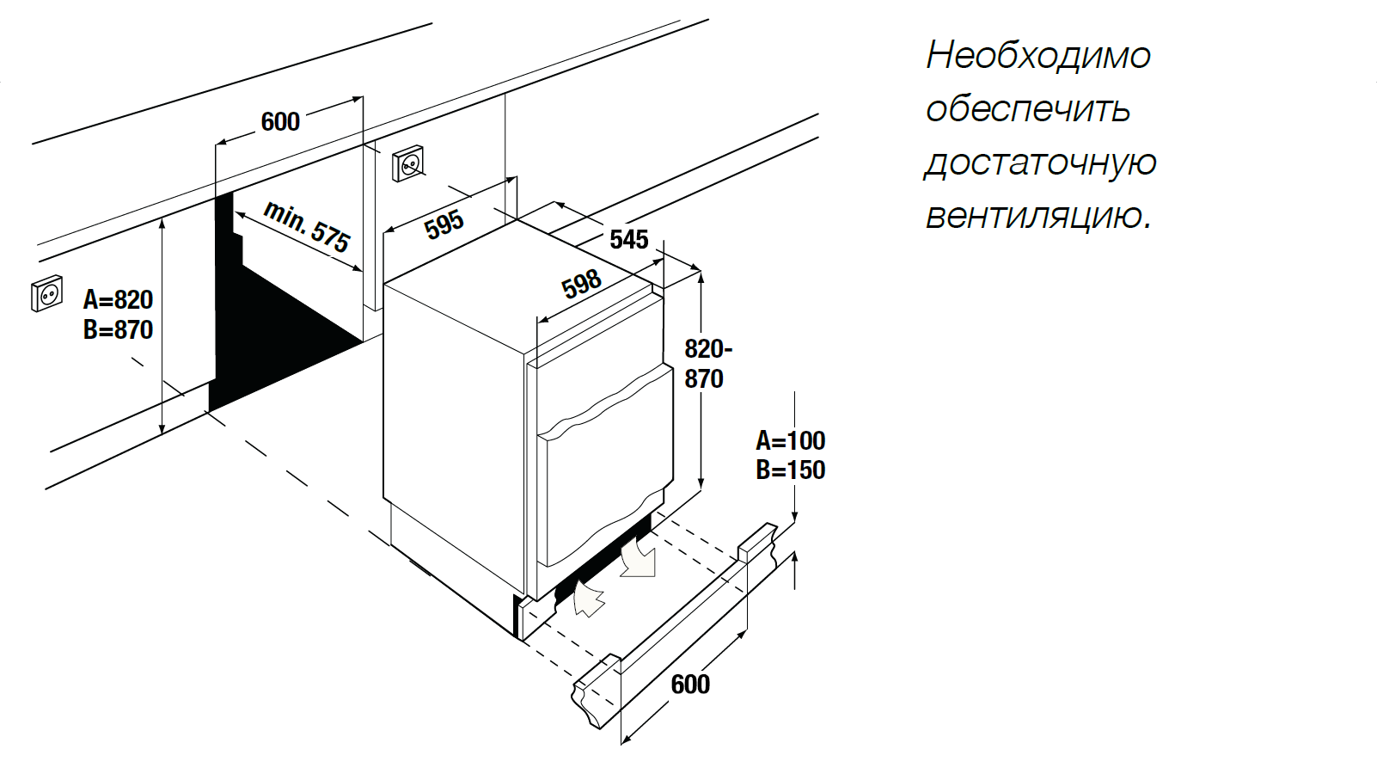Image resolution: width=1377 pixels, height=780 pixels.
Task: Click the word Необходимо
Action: click(1037, 56)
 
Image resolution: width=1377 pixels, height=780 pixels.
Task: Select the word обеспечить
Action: click(1027, 109)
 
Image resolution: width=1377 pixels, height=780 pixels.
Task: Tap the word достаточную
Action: click(1040, 163)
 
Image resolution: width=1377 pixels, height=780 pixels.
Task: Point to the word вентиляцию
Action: click(1037, 215)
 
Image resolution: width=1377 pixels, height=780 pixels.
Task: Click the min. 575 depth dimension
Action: click(307, 226)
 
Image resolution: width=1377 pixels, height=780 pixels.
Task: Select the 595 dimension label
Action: click(444, 224)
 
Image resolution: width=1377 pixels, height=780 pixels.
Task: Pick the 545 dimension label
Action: click(628, 239)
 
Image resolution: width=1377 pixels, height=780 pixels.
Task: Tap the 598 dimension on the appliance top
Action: click(581, 283)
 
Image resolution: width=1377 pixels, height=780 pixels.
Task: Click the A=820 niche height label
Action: click(118, 300)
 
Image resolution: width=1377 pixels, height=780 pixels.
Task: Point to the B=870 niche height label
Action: click(118, 329)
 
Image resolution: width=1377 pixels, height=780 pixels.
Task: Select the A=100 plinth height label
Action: click(790, 441)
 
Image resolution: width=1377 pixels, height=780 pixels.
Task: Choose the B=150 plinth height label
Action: click(790, 470)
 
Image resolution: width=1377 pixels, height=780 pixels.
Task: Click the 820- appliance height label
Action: click(707, 349)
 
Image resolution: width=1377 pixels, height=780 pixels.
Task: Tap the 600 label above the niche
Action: click(280, 122)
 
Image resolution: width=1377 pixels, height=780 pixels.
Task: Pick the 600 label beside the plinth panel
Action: click(690, 685)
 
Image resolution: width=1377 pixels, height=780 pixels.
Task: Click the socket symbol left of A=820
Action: click(46, 294)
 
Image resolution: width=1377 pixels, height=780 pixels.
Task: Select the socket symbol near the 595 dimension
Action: click(408, 163)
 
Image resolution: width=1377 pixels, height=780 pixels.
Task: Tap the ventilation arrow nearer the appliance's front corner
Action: click(588, 598)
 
